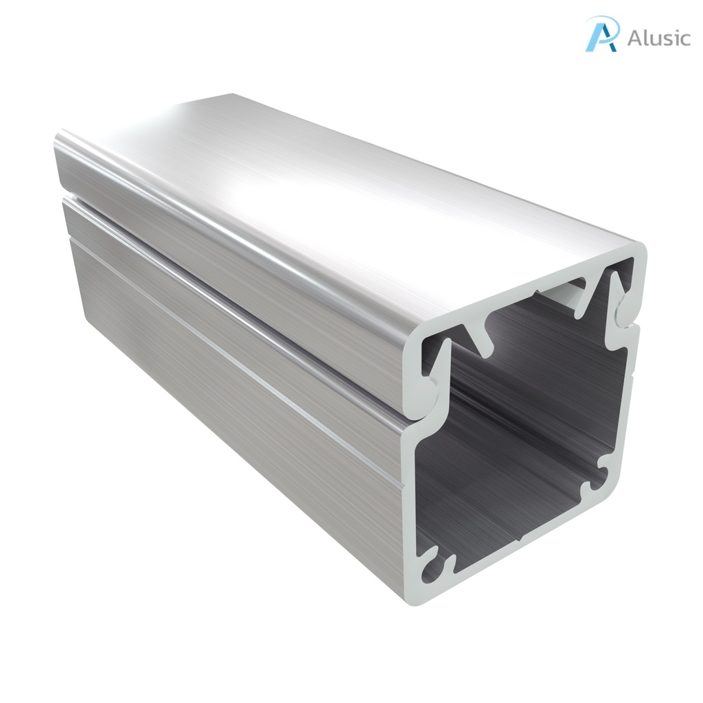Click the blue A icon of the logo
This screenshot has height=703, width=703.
tap(601, 34)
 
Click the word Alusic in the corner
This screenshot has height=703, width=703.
tap(658, 38)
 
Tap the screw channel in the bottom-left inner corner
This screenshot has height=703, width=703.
tap(435, 567)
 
